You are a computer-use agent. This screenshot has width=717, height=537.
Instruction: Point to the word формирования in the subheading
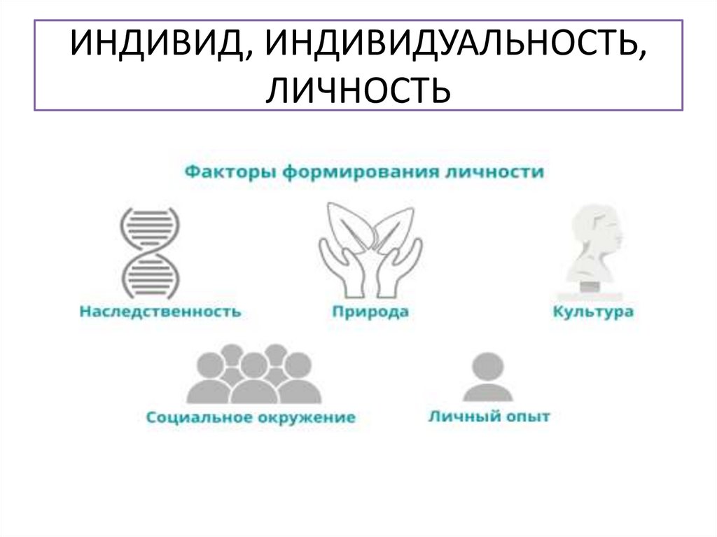[x=360, y=172]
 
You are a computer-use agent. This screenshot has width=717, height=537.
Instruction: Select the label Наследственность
[x=160, y=312]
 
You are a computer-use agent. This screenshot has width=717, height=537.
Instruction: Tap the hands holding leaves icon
[x=370, y=251]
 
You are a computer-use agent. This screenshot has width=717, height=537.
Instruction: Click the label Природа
[x=370, y=312]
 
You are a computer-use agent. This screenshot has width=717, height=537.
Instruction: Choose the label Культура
[x=593, y=312]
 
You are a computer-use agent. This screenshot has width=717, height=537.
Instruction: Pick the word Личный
[x=458, y=417]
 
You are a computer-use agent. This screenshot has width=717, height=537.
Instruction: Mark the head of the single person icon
[x=488, y=365]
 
